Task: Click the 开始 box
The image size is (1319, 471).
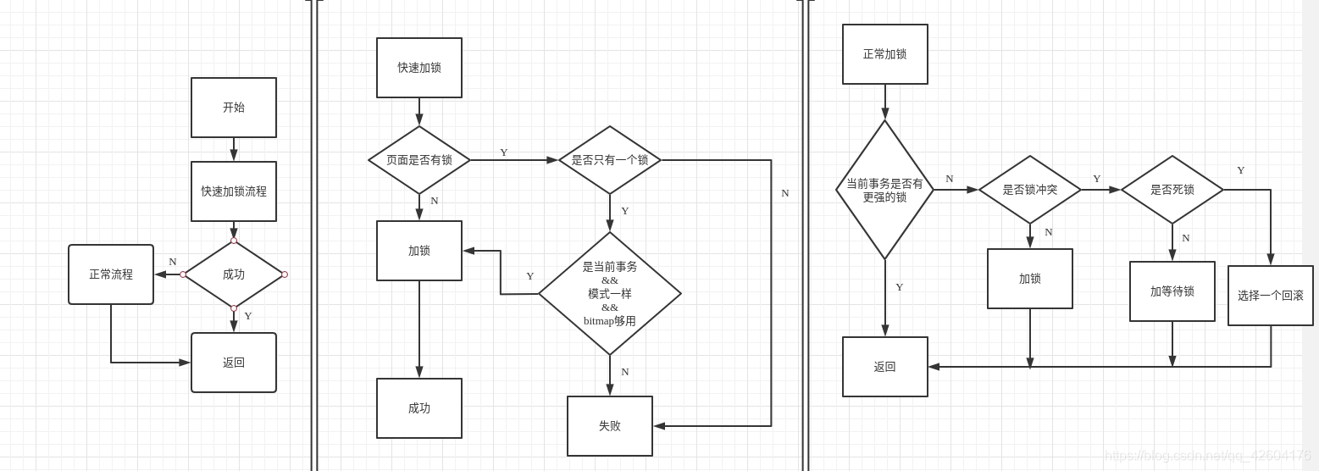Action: [234, 108]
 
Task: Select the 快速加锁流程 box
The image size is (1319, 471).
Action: [234, 191]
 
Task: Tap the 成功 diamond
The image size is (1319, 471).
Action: [234, 274]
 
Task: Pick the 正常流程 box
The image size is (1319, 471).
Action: [111, 274]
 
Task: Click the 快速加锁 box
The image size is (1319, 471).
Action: [419, 68]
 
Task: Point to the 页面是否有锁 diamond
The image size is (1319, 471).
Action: [419, 160]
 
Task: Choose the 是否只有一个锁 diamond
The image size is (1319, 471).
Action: [610, 160]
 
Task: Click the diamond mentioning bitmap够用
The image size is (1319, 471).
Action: [610, 294]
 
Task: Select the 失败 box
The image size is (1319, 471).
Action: [610, 426]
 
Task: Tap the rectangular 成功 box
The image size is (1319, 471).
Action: [419, 408]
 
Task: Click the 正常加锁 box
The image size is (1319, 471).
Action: [885, 54]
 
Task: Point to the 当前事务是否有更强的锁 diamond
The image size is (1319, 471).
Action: [885, 190]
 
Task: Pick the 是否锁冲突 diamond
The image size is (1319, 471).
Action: [1030, 190]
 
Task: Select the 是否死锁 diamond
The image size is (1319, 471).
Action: [1172, 190]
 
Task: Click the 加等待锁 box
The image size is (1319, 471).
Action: [1172, 291]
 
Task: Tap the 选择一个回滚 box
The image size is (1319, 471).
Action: [1271, 296]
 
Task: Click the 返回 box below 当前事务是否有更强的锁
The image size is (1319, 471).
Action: [885, 367]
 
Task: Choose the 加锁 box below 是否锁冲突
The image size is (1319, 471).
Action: [1030, 279]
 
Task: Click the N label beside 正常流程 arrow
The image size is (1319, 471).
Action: [173, 262]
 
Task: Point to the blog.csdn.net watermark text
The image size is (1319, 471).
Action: [1207, 456]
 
